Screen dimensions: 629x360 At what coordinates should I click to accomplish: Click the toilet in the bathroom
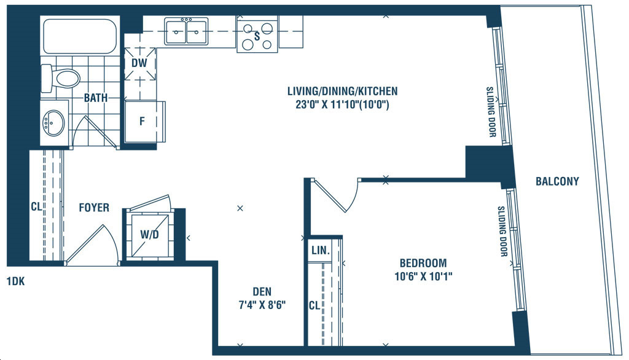pos(61,78)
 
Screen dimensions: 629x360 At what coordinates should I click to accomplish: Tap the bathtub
pos(80,36)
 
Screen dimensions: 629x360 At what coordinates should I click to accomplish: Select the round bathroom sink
pos(54,122)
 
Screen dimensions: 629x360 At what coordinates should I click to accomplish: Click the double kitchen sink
pos(186,31)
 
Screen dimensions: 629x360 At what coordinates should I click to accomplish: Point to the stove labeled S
pos(257,36)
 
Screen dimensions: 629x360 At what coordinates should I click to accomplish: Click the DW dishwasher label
pos(139,63)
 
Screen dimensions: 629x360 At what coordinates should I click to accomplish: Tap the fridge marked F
pos(142,121)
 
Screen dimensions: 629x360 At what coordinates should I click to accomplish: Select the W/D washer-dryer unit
pos(149,235)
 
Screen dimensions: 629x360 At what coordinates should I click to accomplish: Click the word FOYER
pos(94,208)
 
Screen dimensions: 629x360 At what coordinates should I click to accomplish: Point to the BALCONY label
pos(557,181)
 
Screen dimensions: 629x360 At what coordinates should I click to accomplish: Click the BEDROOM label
pos(423,264)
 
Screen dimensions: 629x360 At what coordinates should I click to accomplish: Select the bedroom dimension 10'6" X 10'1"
pos(424,276)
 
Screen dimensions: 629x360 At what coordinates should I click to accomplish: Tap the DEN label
pos(262,292)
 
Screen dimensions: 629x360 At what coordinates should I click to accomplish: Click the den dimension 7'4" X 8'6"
pos(262,305)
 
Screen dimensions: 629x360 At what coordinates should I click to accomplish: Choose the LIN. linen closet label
pos(321,251)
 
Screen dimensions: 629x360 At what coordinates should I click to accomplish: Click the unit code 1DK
pos(15,281)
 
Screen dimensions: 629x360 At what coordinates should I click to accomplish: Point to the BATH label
pos(95,98)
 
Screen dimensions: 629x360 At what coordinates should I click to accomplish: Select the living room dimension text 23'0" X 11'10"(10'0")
pos(342,105)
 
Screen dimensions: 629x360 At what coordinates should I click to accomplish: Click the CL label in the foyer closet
pos(36,206)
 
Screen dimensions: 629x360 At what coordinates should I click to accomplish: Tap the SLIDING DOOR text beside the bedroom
pos(502,231)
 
